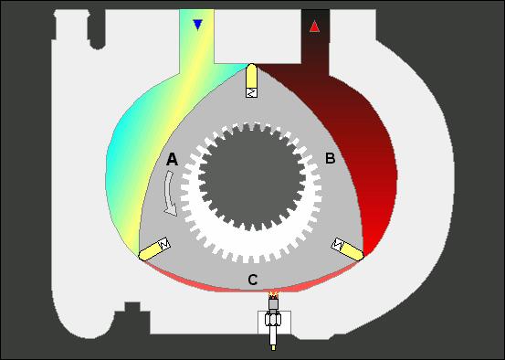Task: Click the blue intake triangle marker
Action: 197,25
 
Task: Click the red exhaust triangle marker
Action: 314,26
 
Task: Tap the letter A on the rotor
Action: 172,159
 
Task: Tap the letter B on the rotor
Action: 331,158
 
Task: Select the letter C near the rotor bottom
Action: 253,280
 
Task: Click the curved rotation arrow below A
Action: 170,194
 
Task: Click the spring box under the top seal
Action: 251,92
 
